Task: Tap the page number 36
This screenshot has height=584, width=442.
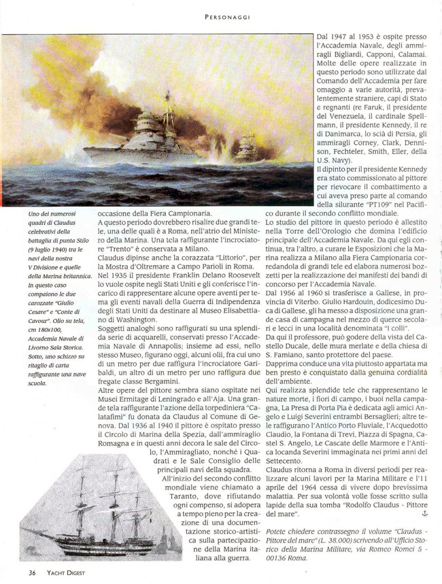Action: tap(32, 572)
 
